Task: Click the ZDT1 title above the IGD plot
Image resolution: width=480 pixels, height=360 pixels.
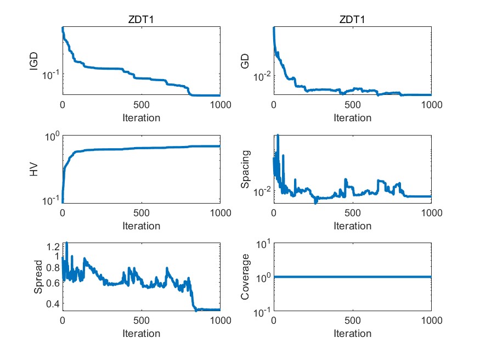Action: click(141, 20)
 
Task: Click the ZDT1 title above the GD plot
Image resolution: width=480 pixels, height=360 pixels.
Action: click(352, 20)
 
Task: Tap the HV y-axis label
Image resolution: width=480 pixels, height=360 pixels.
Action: click(34, 169)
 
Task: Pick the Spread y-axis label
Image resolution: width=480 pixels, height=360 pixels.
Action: click(37, 277)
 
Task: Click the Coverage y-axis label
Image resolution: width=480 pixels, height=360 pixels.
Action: click(245, 277)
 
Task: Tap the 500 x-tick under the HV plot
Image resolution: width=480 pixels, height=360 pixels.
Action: click(141, 213)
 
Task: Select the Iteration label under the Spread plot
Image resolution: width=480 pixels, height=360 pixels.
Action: click(141, 333)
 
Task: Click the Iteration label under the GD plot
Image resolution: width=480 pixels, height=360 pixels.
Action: click(352, 117)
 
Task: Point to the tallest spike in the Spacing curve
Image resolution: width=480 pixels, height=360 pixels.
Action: click(278, 135)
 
